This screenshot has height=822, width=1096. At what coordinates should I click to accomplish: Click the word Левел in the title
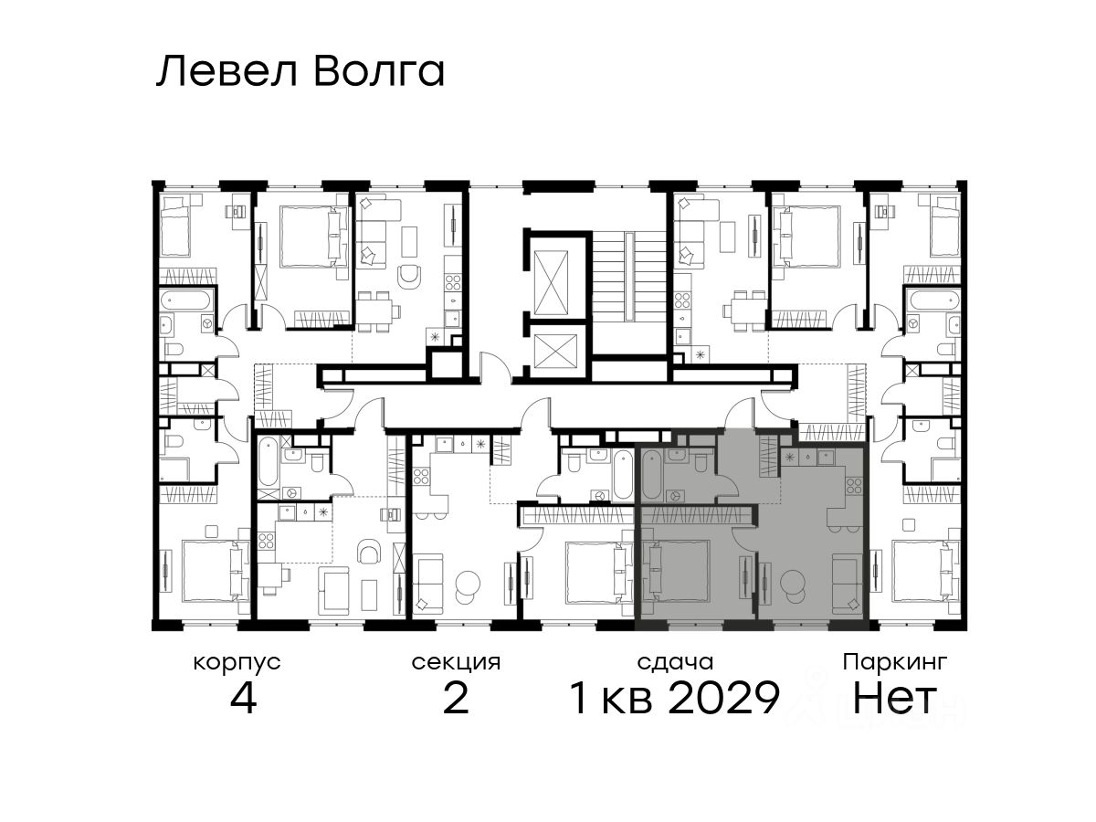(x=227, y=72)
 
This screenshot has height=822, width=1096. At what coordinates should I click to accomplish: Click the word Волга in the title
(x=379, y=72)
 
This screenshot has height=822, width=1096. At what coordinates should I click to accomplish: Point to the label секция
(x=456, y=663)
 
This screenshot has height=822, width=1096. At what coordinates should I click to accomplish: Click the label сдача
(x=675, y=663)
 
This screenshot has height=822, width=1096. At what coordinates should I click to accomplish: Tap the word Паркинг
(x=895, y=663)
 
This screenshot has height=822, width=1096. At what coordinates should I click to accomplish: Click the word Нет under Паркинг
(x=894, y=698)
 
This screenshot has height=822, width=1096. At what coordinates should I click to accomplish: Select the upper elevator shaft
(x=551, y=282)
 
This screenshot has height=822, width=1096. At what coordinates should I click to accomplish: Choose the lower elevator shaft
(x=555, y=351)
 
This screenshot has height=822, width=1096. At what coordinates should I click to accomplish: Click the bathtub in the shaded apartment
(x=652, y=475)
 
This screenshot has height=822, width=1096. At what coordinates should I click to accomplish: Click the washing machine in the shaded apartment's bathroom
(x=676, y=496)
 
